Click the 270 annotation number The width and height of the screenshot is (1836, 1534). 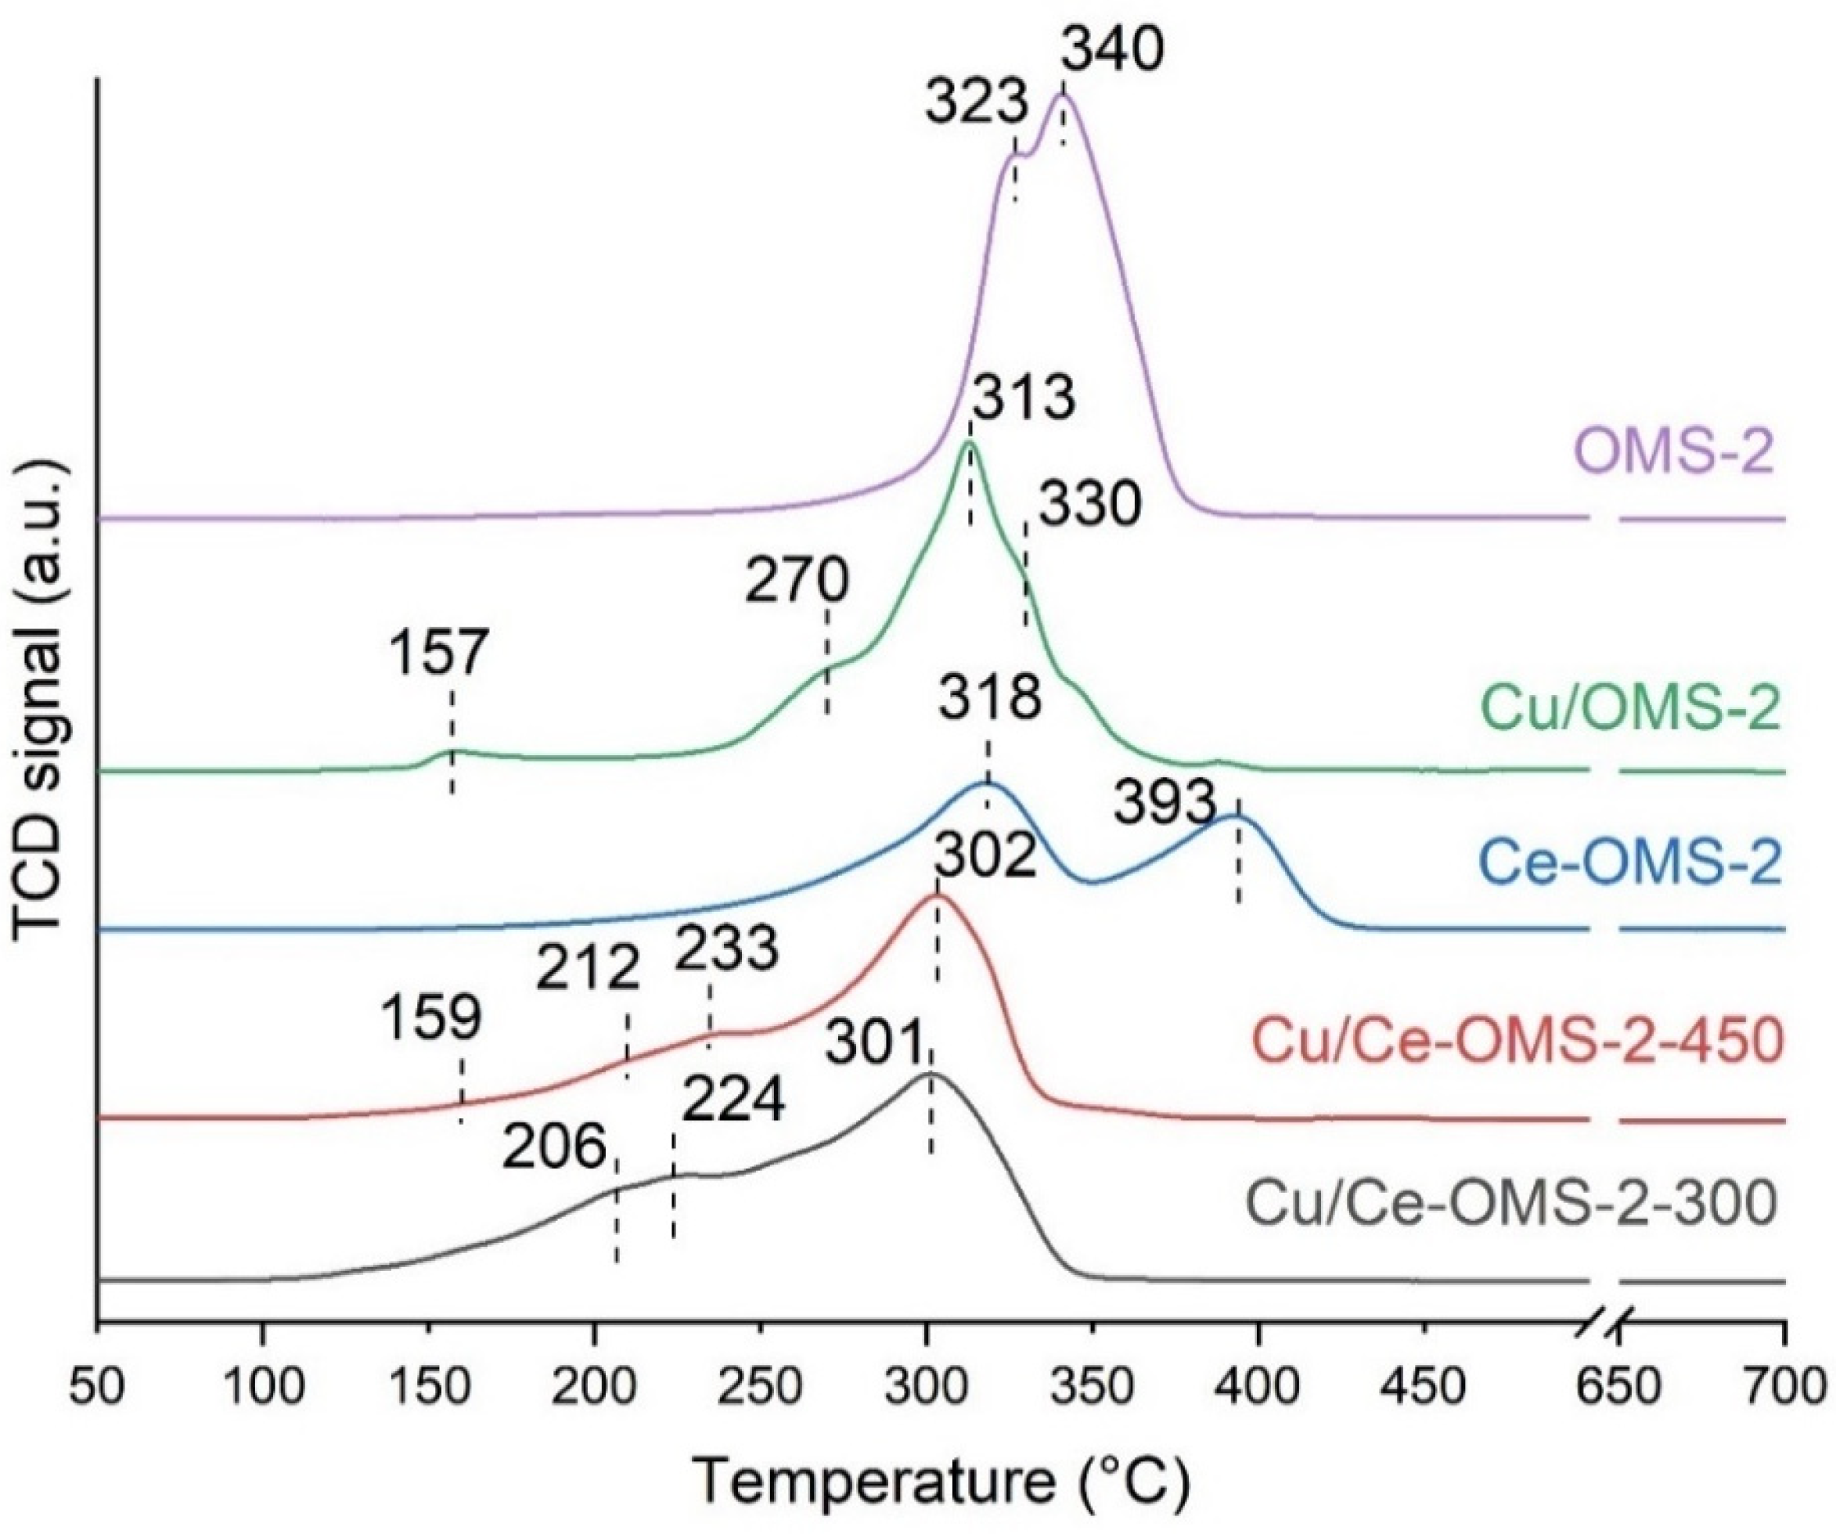797,580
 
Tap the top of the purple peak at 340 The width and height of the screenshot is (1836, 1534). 1062,96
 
